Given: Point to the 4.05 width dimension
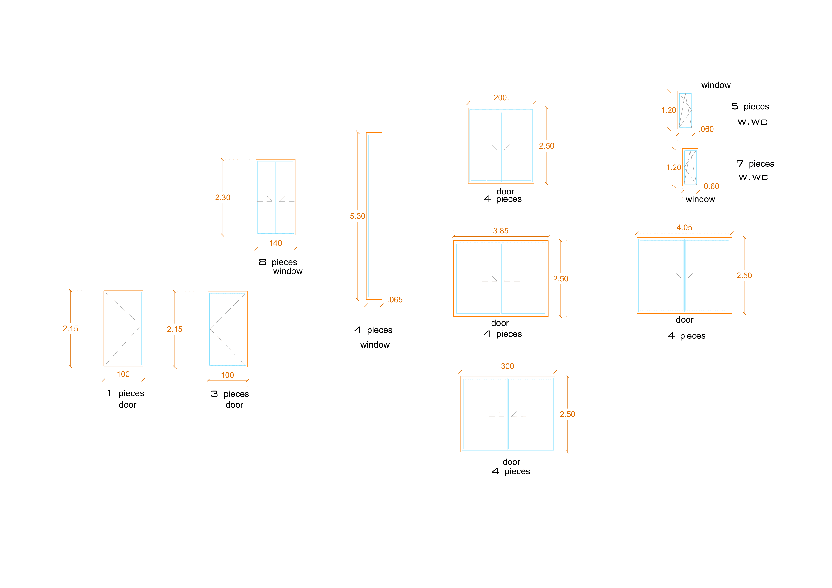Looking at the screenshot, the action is [x=684, y=227].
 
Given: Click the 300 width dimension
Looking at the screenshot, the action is [x=507, y=366].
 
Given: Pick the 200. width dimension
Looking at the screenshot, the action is [x=501, y=98].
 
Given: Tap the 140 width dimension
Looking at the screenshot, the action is [x=275, y=243].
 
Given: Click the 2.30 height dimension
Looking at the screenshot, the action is [x=222, y=197].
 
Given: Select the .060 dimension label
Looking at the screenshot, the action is [x=706, y=129].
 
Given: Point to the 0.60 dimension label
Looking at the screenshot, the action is [x=711, y=186].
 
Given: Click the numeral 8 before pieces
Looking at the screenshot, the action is [x=263, y=262].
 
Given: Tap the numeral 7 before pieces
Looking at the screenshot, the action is [x=740, y=164].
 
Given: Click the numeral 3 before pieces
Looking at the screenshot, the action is [x=214, y=394].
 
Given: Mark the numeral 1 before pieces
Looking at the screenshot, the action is [x=109, y=393].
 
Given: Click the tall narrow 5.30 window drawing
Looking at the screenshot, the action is [x=374, y=216].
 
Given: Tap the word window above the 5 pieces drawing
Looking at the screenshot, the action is [x=716, y=85].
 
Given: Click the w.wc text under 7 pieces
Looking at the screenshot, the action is [x=753, y=177].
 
